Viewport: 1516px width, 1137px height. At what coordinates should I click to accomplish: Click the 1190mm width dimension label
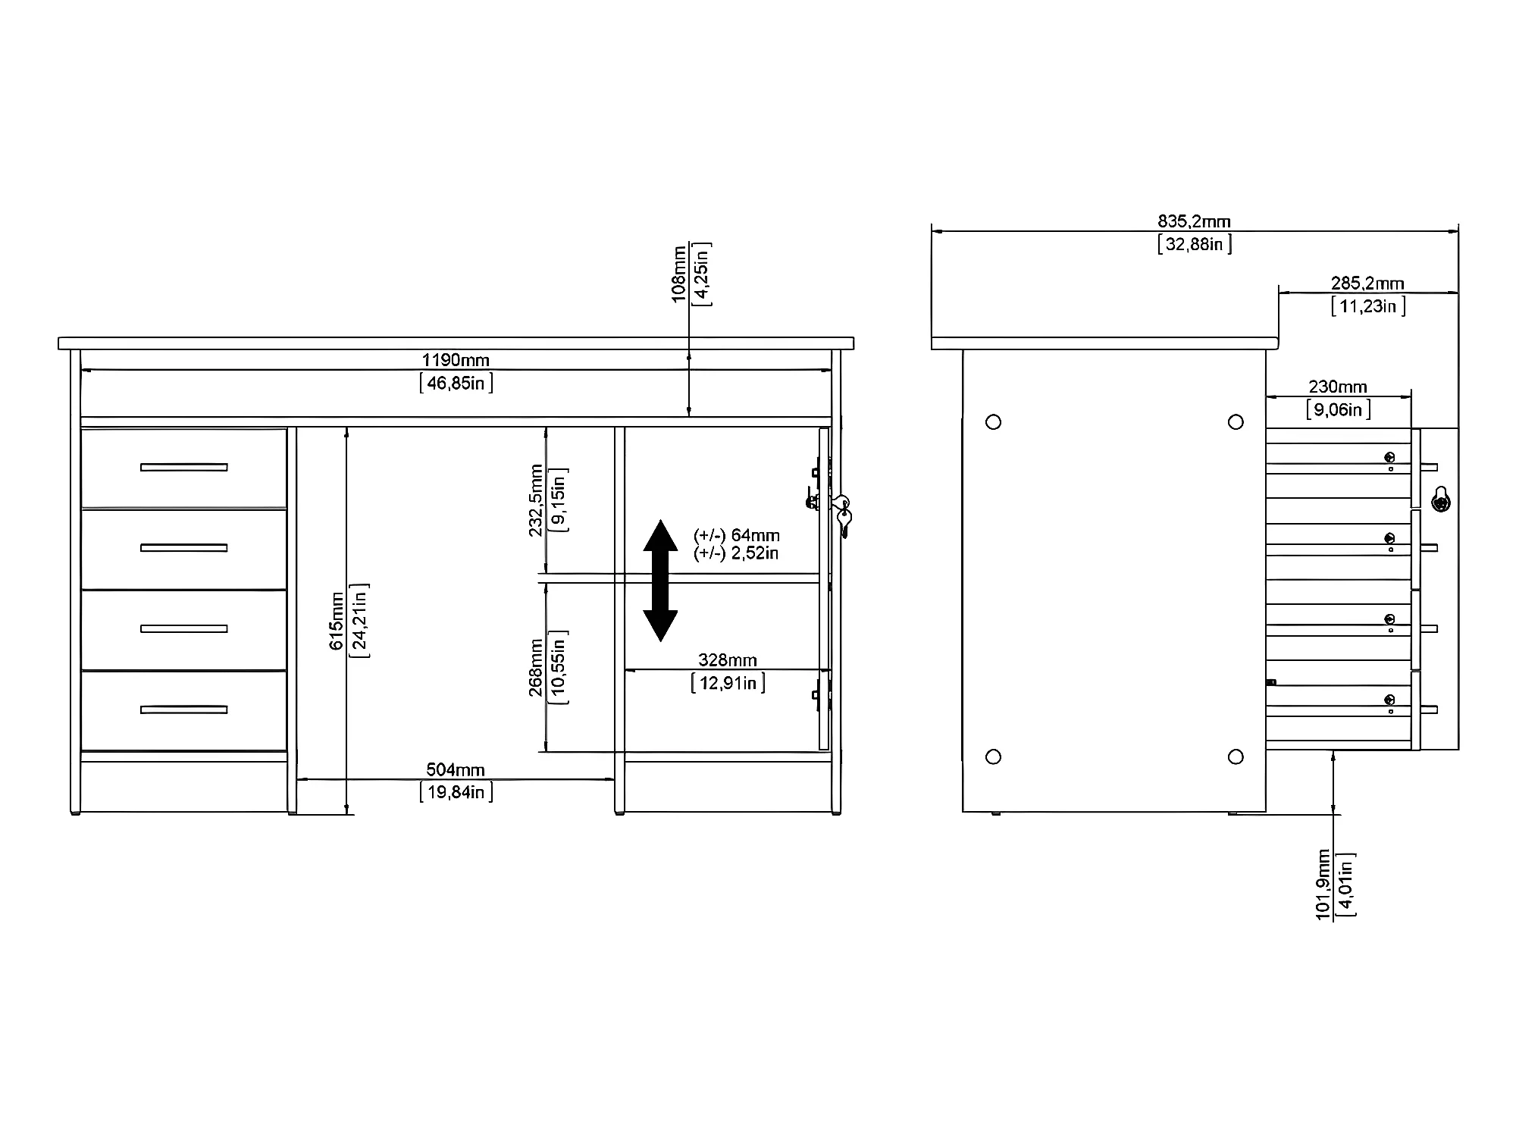456,360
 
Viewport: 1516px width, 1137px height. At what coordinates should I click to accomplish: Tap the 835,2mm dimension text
1194,221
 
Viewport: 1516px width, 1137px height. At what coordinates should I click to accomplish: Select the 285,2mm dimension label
1367,283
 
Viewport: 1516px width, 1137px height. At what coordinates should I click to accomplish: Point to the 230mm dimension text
1338,387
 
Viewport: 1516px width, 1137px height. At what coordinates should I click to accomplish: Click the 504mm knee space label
455,770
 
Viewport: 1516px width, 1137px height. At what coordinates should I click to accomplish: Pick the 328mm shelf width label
728,660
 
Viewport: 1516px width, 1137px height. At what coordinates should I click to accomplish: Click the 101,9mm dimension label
1323,885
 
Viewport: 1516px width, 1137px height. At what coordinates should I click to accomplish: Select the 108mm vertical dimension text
679,274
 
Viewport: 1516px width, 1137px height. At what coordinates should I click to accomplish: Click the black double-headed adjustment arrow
660,581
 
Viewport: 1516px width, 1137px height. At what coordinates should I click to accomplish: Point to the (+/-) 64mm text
737,536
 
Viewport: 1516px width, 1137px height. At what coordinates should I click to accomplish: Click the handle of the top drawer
183,467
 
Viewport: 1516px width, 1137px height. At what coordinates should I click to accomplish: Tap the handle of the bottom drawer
183,709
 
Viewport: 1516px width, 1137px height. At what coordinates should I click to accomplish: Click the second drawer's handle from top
183,548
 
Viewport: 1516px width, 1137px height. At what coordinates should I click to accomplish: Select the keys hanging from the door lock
842,515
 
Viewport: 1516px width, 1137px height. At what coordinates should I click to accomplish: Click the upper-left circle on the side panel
994,422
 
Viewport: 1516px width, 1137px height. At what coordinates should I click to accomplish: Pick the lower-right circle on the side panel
1236,756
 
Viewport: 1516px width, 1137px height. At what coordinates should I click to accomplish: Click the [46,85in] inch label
456,383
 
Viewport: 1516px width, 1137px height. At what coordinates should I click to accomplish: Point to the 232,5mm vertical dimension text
536,500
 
